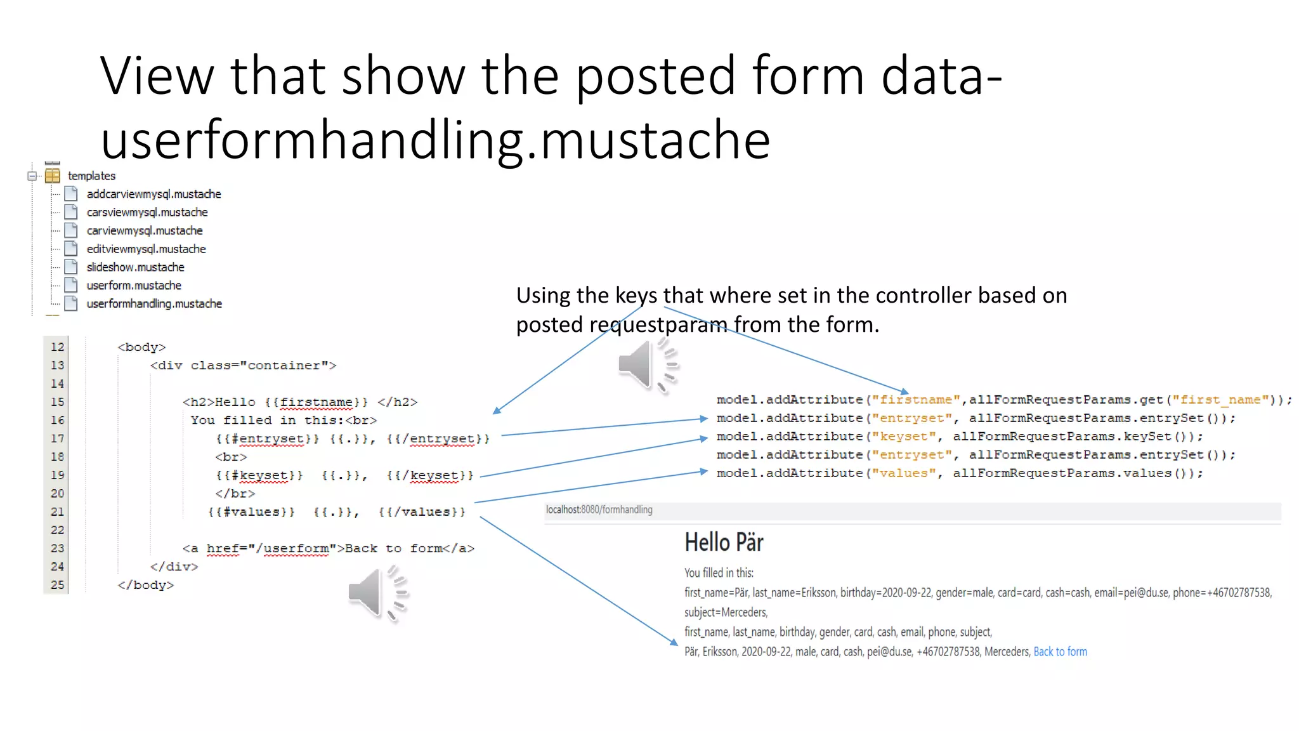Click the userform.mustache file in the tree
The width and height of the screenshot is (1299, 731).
[133, 286]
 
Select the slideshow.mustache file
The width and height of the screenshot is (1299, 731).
[135, 267]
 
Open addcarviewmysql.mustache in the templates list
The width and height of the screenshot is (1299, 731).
[153, 194]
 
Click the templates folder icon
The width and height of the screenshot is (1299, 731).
[53, 176]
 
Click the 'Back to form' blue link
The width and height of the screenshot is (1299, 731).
[1060, 652]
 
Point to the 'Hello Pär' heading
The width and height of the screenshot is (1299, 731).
[724, 543]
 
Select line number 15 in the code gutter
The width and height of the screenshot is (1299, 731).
[57, 402]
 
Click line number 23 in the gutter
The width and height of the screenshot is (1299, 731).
[57, 548]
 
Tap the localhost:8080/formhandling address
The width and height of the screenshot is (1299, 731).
[599, 510]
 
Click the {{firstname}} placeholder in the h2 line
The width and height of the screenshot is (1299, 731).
[316, 402]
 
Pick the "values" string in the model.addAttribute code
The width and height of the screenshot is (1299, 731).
[904, 473]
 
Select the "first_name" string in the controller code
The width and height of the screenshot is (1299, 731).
[1220, 400]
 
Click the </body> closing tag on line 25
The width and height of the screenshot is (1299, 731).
[145, 585]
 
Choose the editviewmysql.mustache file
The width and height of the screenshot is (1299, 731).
[146, 249]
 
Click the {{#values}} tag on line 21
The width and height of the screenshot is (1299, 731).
[251, 512]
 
